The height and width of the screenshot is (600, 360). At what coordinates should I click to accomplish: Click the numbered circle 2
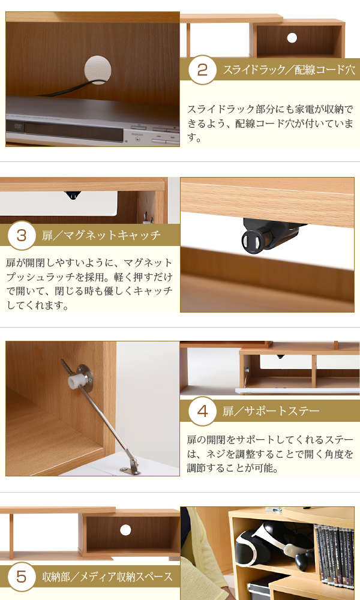coord(202,70)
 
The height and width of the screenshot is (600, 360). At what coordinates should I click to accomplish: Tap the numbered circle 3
coord(22,235)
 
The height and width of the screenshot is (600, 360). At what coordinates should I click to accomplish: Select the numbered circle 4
coord(202,411)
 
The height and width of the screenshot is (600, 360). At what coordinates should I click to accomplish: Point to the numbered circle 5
coord(22,576)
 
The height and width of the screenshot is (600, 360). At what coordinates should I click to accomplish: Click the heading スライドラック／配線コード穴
coord(289,70)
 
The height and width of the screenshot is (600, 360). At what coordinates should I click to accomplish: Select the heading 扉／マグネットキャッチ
coord(101,235)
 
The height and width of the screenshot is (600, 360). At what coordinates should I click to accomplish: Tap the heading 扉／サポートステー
coord(271,411)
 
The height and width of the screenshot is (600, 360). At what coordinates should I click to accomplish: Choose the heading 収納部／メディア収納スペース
coord(107,576)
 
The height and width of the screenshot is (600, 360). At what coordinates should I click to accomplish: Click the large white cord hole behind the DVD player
coord(98,70)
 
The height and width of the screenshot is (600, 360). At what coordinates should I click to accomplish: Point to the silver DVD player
coord(92,122)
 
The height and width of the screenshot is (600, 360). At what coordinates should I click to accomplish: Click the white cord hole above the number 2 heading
coord(292,38)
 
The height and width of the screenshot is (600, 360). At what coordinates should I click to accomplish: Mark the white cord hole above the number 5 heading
coord(125,530)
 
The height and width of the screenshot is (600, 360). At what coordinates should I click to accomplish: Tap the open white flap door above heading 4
coord(297,391)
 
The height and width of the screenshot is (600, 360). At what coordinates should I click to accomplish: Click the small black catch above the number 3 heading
coord(73,195)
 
